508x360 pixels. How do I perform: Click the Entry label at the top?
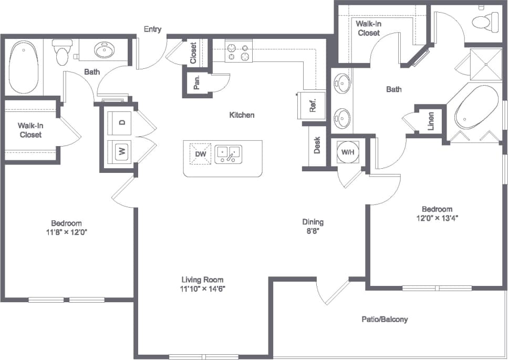point(153,29)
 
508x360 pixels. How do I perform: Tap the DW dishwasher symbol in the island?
point(200,154)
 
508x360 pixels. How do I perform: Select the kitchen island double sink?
point(228,154)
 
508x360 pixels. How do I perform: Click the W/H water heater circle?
point(347,152)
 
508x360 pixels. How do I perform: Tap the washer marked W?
point(121,152)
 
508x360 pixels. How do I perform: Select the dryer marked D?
point(121,122)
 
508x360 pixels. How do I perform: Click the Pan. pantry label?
point(196,84)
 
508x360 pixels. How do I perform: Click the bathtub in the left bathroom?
point(24,68)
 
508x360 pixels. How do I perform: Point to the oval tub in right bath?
point(475,111)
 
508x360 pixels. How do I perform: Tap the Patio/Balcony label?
point(385,319)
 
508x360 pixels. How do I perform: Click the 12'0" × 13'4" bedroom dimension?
point(436,217)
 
